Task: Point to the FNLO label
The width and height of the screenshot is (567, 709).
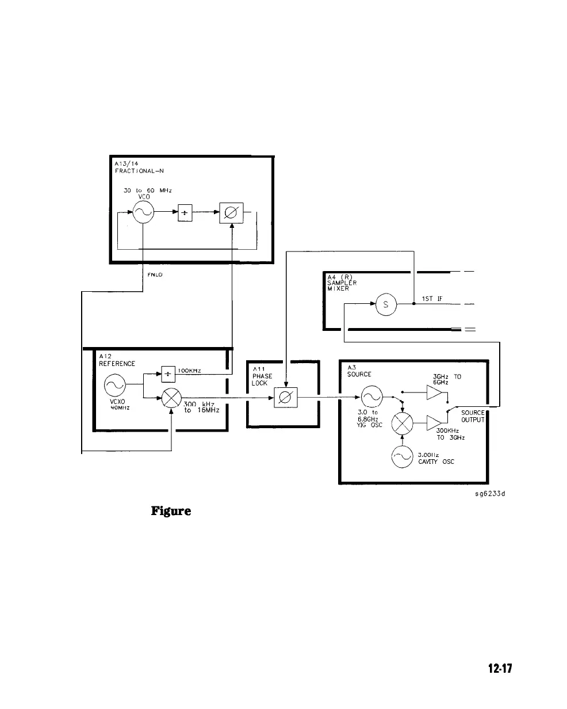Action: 155,275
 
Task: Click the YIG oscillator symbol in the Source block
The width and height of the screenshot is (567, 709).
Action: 371,397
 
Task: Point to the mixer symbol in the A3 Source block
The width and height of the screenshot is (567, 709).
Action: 402,426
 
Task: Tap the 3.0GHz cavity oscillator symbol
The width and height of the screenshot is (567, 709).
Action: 402,458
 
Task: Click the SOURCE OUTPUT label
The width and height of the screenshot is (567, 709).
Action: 473,416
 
